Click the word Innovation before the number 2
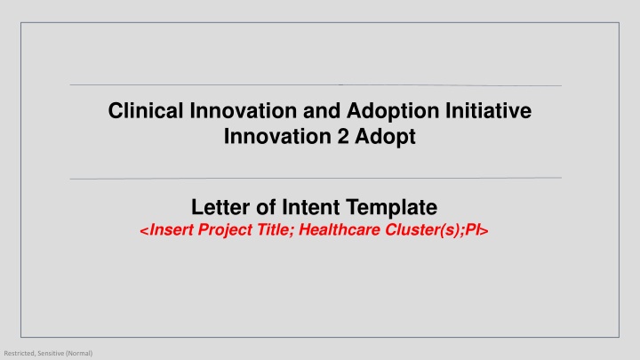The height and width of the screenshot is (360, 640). click(270, 139)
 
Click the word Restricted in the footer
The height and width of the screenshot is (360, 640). click(19, 353)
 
